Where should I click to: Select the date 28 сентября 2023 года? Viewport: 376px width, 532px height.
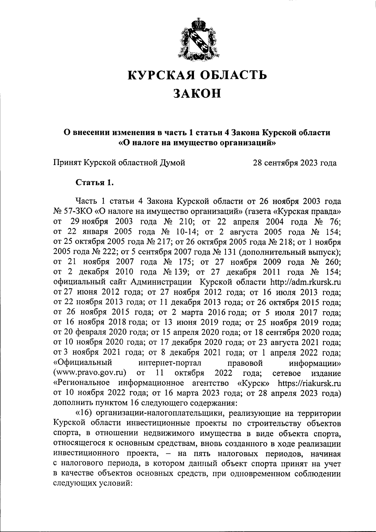coord(295,163)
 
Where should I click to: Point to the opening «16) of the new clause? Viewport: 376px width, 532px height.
coord(83,413)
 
